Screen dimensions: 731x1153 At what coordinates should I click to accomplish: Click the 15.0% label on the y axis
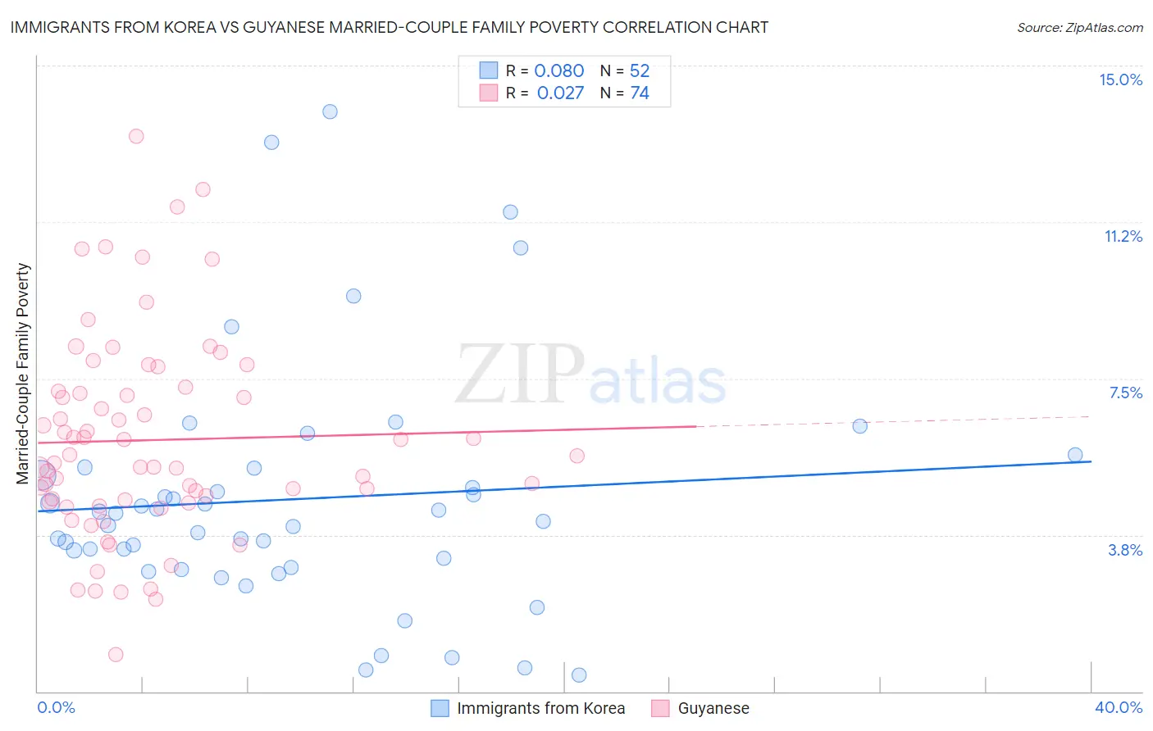coord(1120,79)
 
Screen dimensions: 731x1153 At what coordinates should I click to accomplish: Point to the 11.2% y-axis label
coord(1123,236)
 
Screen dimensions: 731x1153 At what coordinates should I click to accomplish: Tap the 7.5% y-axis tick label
coord(1125,393)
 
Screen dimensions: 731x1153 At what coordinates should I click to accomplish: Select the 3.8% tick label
coord(1125,550)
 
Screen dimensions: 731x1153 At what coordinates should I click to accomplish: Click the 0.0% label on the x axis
coord(56,707)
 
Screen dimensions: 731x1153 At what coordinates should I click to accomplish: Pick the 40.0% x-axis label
coord(1118,707)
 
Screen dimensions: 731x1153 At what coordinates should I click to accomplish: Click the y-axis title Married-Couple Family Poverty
coord(23,373)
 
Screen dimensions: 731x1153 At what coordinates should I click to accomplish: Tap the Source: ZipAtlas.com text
coord(1079,27)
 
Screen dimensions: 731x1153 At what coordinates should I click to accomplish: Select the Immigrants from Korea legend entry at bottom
coord(540,708)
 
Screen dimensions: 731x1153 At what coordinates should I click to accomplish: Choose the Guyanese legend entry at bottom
coord(713,708)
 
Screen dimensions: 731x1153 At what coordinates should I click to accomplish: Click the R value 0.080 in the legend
coord(559,70)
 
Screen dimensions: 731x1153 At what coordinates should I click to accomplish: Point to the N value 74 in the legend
coord(640,93)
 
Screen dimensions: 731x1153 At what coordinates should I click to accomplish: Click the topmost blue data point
coord(330,111)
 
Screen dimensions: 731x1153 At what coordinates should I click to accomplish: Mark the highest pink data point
coord(136,136)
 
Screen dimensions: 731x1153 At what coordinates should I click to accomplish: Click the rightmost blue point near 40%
coord(1075,455)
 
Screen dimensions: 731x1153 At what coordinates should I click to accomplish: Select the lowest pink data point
coord(116,654)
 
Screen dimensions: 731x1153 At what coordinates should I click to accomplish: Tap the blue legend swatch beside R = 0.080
coord(488,70)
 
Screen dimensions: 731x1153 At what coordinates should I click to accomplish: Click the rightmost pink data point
coord(576,456)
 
